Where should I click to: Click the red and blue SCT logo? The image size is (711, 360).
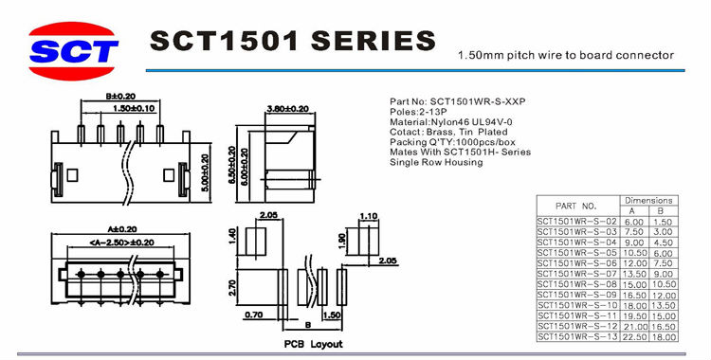[x=73, y=51]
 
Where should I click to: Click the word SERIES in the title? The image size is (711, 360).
[x=374, y=41]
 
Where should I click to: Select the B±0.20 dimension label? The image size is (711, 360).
[x=120, y=96]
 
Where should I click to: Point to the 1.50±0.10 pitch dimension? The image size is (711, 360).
[x=134, y=108]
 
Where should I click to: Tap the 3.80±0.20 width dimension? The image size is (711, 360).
[x=288, y=109]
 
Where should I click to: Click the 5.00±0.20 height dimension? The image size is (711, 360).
[x=205, y=172]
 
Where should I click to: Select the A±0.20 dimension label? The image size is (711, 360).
[x=122, y=229]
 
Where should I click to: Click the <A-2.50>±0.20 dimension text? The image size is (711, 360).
[x=121, y=243]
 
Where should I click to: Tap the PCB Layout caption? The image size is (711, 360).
[x=314, y=344]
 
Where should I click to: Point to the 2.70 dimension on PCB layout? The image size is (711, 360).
[x=231, y=287]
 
